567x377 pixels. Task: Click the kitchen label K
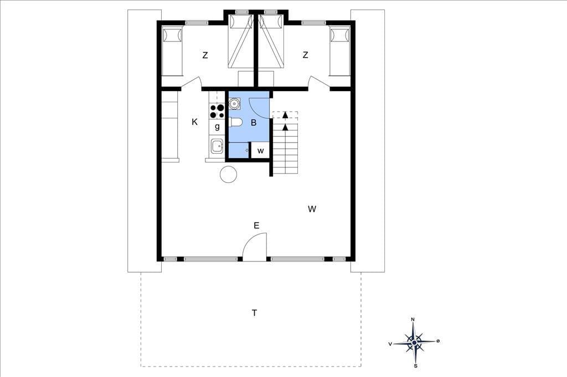(194, 122)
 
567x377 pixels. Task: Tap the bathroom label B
(254, 123)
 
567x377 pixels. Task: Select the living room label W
(312, 209)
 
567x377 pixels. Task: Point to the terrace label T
(255, 313)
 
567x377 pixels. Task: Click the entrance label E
(256, 226)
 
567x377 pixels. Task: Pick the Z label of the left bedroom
(205, 55)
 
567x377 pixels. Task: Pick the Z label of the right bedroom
(305, 55)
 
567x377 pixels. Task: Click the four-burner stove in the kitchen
(217, 111)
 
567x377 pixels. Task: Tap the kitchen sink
(217, 146)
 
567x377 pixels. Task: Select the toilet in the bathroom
(235, 122)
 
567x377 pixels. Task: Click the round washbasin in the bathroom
(234, 103)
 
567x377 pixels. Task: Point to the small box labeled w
(260, 150)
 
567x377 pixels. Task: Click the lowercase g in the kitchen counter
(217, 127)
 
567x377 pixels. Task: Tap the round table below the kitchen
(229, 174)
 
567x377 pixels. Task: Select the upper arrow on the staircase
(285, 115)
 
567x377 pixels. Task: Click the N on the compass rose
(413, 319)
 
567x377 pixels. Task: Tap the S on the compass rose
(415, 366)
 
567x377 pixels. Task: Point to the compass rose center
(414, 342)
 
